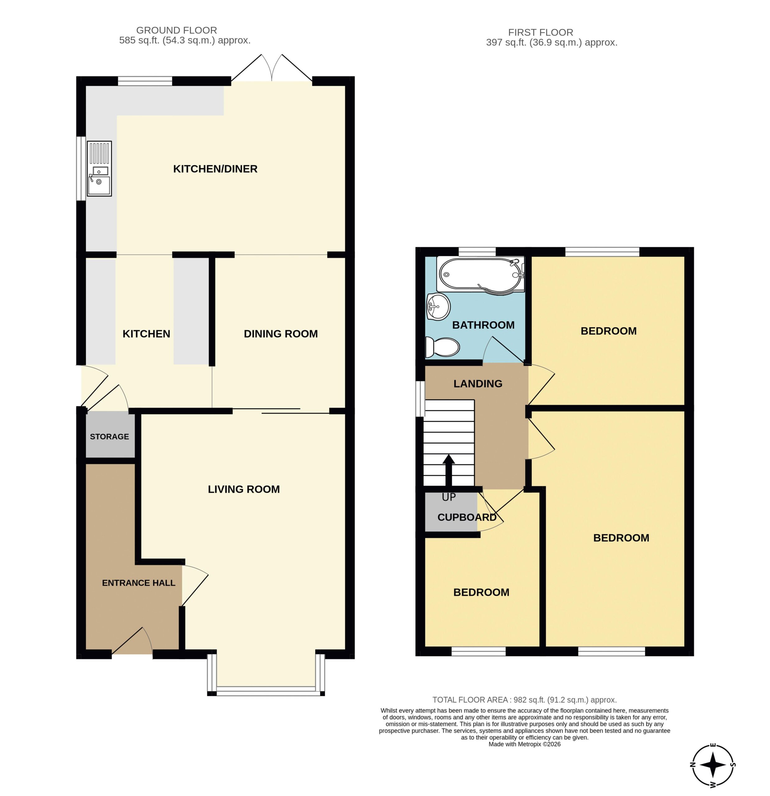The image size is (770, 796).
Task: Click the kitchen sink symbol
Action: tap(99, 169)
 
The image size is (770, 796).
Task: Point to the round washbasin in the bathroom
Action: tap(438, 307)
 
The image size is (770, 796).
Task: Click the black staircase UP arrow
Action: tap(448, 470)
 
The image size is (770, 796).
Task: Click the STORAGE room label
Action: tap(109, 437)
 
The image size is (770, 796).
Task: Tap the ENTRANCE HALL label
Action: tap(138, 583)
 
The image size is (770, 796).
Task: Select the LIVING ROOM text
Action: tap(244, 489)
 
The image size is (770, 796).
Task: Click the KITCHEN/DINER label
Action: tap(215, 169)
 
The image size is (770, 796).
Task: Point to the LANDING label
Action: tap(478, 383)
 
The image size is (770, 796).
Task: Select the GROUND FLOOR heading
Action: tap(176, 30)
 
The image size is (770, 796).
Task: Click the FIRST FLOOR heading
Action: tap(540, 32)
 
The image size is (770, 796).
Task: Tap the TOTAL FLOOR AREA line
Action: tap(524, 699)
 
